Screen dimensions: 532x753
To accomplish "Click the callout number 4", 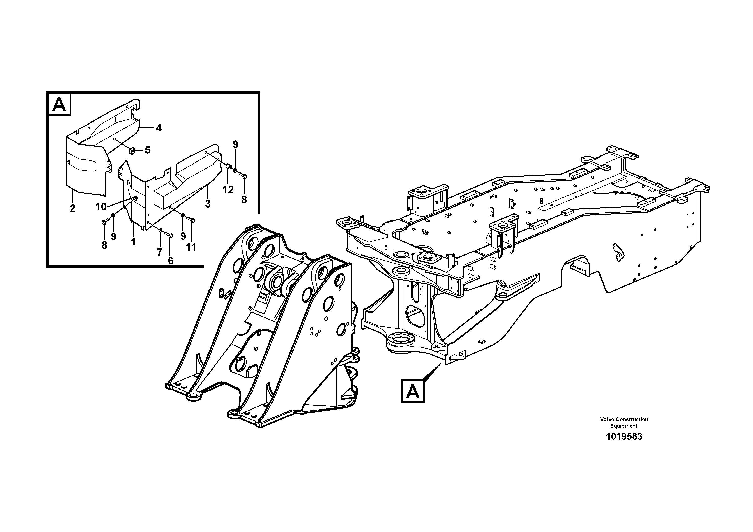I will (x=159, y=128).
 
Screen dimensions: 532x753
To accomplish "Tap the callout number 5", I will (x=147, y=150).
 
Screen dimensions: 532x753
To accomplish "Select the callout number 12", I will (x=228, y=189).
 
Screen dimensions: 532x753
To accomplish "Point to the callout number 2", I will (x=72, y=208).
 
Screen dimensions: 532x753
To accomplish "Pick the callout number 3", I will (x=207, y=204).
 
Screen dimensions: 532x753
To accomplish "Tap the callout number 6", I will (x=170, y=260).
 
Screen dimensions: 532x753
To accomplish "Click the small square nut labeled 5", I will (x=133, y=151).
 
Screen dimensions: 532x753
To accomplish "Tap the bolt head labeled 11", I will (x=193, y=220).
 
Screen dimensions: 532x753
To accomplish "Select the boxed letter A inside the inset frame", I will (x=60, y=104).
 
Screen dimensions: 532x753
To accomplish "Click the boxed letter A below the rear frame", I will (x=413, y=391).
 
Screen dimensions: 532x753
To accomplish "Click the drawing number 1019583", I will (x=624, y=437).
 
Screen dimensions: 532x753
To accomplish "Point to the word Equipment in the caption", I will (x=623, y=426).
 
